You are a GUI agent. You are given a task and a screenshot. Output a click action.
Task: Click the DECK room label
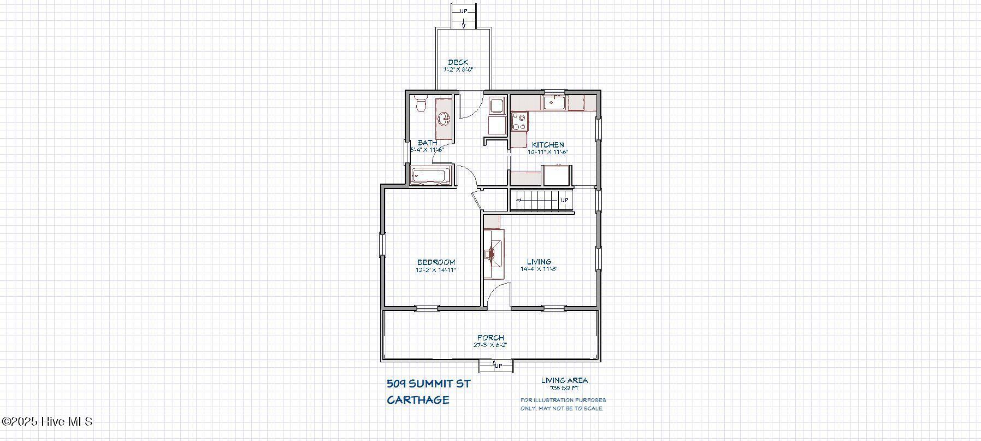click(x=458, y=62)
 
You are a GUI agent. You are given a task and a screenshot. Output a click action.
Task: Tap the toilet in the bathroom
click(x=420, y=104)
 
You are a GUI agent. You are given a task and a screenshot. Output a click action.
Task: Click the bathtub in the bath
click(x=431, y=176)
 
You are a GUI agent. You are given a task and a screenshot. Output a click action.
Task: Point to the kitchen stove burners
click(x=518, y=121)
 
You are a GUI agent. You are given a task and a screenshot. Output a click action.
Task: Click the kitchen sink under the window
click(x=554, y=102)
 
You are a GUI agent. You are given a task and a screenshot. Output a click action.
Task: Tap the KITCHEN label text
click(x=548, y=145)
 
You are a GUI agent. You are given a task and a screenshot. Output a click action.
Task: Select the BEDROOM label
click(x=436, y=262)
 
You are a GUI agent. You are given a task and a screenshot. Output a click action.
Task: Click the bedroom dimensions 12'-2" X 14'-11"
click(x=436, y=270)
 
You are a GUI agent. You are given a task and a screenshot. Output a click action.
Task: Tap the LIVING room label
click(x=539, y=262)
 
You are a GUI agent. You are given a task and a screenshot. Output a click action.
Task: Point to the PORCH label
click(x=490, y=338)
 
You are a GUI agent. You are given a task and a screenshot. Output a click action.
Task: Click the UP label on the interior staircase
click(x=565, y=200)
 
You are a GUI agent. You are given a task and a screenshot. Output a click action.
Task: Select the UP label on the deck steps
click(x=463, y=11)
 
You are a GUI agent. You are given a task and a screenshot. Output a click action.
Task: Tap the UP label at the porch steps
click(x=498, y=366)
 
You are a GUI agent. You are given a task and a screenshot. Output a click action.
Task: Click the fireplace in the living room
click(x=493, y=254)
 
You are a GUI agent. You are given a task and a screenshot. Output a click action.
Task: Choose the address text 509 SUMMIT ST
click(x=428, y=384)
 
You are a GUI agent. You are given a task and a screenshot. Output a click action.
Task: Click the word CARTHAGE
click(x=418, y=400)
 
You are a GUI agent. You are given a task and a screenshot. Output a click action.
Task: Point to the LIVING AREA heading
click(x=564, y=380)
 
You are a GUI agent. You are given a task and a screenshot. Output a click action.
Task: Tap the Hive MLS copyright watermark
click(x=47, y=422)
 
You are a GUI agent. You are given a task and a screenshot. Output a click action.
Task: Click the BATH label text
click(x=427, y=143)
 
